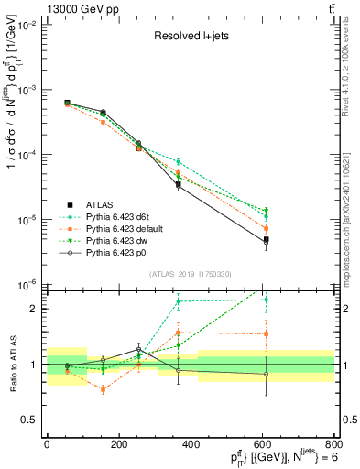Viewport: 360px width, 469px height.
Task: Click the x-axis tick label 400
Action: [191, 444]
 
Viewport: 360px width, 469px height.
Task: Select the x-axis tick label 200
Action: [118, 444]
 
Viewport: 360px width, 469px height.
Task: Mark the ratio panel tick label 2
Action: [34, 309]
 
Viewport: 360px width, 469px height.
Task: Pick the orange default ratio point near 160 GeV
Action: [104, 389]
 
